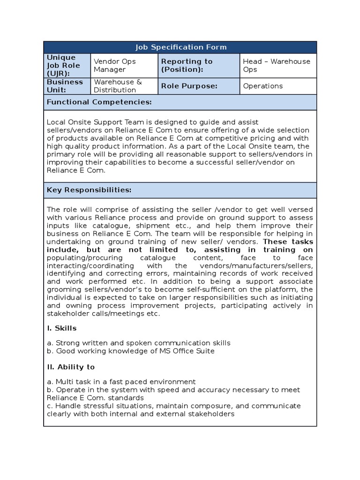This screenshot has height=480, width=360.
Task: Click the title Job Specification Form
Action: [x=180, y=47]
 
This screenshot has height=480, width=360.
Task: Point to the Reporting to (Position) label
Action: [x=187, y=66]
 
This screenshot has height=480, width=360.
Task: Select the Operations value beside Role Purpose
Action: [x=262, y=86]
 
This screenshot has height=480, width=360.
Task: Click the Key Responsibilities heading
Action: [x=89, y=190]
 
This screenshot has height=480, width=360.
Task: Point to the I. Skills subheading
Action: [x=61, y=328]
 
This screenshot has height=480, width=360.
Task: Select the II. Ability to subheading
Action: [x=70, y=367]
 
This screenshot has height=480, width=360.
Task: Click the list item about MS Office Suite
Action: [x=131, y=351]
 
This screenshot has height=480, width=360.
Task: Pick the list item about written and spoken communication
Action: [x=139, y=343]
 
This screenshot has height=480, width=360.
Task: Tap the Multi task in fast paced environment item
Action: [x=121, y=382]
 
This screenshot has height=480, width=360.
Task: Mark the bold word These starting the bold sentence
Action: [x=277, y=242]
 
